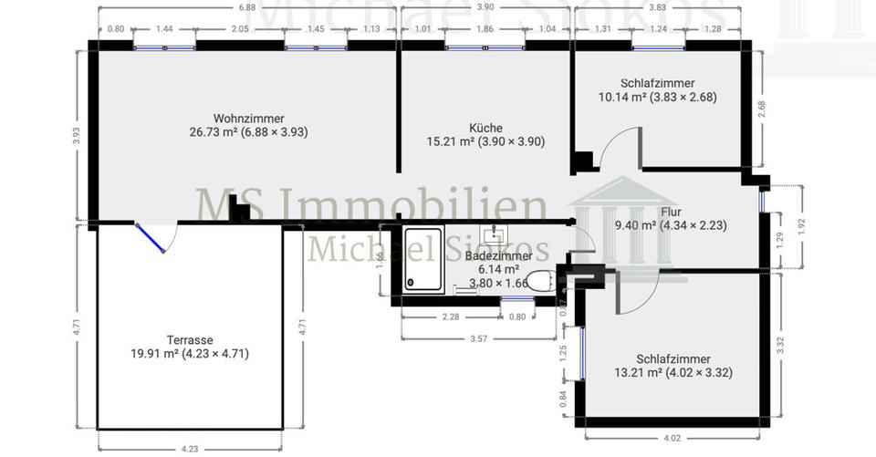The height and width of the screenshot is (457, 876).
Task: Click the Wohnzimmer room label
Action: coord(248,118)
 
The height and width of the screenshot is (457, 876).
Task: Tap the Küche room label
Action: coord(485,129)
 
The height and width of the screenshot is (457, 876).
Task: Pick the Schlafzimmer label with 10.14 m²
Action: coord(657,82)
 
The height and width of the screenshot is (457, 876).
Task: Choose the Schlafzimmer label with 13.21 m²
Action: coord(674,358)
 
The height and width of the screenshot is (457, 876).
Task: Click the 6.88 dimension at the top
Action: coord(246,6)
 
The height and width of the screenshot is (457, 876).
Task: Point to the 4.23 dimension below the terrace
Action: coord(189,448)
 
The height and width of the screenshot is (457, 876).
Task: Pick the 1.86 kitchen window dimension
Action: coord(485,29)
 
